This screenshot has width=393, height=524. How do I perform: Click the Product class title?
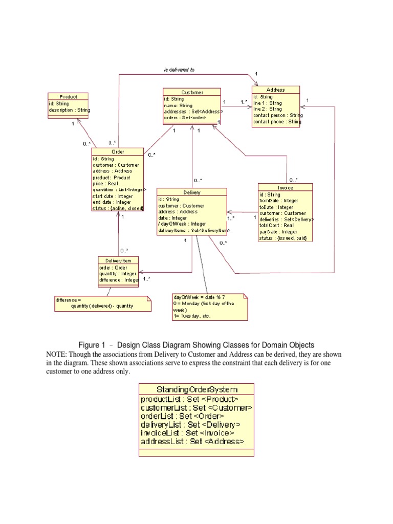pyautogui.click(x=68, y=97)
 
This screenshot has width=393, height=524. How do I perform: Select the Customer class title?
pyautogui.click(x=192, y=92)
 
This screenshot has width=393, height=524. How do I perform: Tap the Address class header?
pyautogui.click(x=276, y=90)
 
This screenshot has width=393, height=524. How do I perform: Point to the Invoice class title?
pyautogui.click(x=286, y=188)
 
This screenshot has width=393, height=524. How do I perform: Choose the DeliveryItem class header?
pyautogui.click(x=118, y=260)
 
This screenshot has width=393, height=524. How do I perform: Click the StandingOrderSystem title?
pyautogui.click(x=196, y=389)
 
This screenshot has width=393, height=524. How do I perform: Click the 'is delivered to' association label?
pyautogui.click(x=179, y=70)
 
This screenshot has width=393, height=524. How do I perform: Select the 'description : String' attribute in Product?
pyautogui.click(x=70, y=110)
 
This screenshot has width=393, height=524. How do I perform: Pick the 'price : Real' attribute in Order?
pyautogui.click(x=105, y=183)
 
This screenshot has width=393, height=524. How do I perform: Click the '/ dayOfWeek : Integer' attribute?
pyautogui.click(x=182, y=224)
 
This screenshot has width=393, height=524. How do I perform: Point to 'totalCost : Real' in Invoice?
pyautogui.click(x=276, y=225)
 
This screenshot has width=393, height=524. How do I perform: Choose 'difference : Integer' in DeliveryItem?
pyautogui.click(x=119, y=280)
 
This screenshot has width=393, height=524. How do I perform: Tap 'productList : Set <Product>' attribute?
pyautogui.click(x=189, y=400)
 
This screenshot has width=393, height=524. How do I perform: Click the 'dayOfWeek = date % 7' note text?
pyautogui.click(x=200, y=297)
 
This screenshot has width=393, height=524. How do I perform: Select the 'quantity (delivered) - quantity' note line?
pyautogui.click(x=102, y=306)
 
